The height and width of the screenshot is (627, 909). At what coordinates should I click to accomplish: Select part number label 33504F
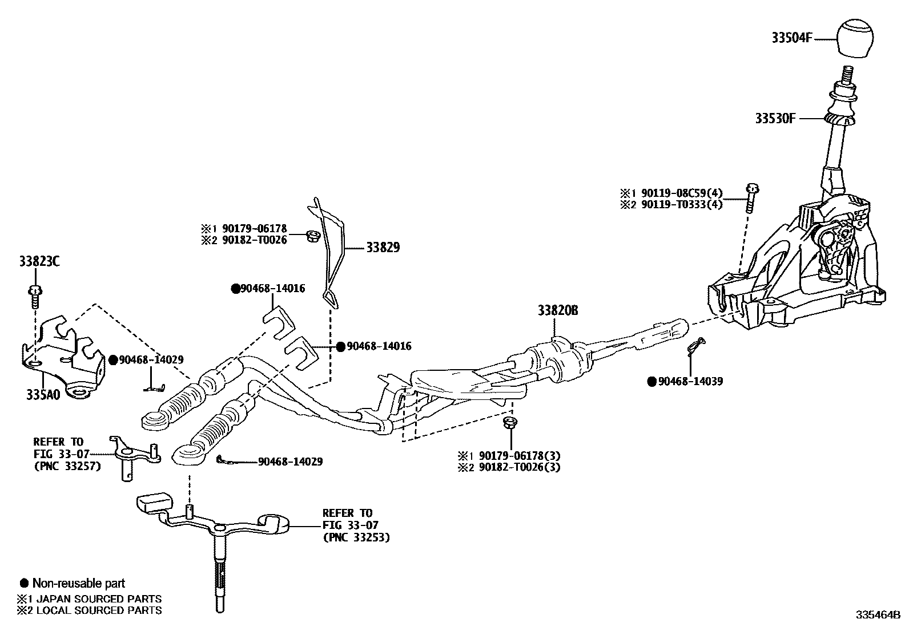(x=792, y=38)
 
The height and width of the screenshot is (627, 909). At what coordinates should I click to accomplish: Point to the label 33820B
(x=557, y=311)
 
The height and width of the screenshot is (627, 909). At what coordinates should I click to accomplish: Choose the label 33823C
(x=39, y=262)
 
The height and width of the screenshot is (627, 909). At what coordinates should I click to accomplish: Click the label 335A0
(x=42, y=395)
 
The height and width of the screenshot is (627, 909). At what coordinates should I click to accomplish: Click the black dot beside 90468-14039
(x=651, y=381)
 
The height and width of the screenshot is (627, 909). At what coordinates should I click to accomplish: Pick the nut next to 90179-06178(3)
(x=507, y=423)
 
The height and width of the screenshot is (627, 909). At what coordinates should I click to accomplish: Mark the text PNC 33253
(x=356, y=537)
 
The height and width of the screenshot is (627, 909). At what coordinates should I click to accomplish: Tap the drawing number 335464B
(x=877, y=615)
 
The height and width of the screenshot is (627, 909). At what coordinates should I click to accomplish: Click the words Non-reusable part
(x=79, y=583)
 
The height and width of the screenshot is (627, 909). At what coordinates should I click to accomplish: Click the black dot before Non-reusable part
(x=24, y=583)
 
